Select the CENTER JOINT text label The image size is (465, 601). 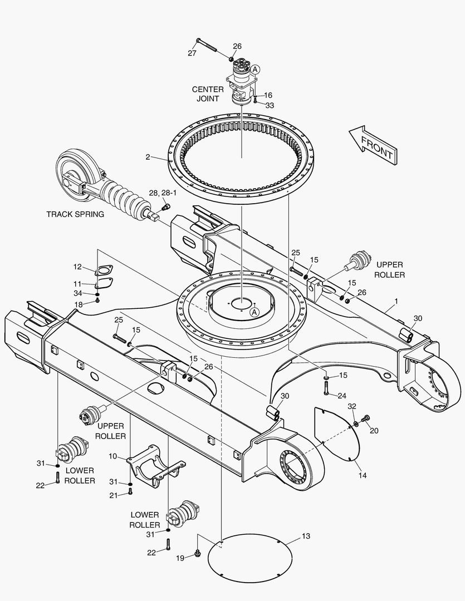coord(208,94)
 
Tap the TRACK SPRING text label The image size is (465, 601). coord(75,214)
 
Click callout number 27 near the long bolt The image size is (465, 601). coord(192,53)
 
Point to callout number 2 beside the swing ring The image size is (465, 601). coord(148,157)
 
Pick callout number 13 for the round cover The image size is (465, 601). coord(306,536)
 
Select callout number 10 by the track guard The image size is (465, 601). coord(112,456)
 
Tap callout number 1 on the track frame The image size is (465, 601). coord(396,301)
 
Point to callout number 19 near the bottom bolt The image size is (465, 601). coord(180,558)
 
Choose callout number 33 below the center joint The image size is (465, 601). coord(270,105)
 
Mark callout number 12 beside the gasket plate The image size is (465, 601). coord(77,267)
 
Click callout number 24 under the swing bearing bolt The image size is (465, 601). coord(342,396)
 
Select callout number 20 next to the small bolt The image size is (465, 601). coord(374,431)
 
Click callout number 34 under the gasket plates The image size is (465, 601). coord(77,293)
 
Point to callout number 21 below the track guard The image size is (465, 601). coord(114,495)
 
